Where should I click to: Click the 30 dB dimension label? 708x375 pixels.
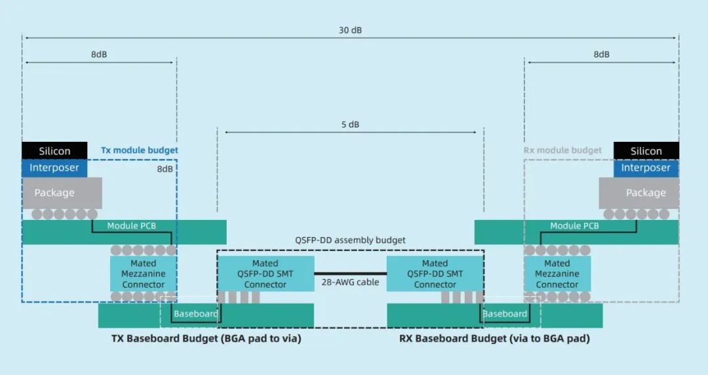350,30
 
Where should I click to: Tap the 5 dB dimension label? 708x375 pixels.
350,125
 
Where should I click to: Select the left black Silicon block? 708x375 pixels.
54,151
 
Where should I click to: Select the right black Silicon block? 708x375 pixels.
646,151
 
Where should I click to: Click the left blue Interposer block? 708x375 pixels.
54,168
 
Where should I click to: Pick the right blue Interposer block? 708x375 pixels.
646,168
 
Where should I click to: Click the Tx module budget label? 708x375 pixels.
139,150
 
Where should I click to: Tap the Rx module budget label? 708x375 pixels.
562,150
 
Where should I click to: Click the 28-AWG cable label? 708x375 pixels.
350,282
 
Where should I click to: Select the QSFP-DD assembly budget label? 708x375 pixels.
350,240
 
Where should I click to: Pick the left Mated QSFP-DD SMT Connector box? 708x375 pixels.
265,274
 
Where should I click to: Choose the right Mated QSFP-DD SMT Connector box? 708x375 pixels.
435,274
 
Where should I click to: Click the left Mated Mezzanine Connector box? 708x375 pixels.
144,274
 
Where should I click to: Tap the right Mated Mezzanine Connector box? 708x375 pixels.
557,274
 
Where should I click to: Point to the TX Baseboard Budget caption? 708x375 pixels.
206,339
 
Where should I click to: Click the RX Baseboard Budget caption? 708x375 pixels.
494,339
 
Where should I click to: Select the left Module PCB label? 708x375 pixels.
131,226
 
